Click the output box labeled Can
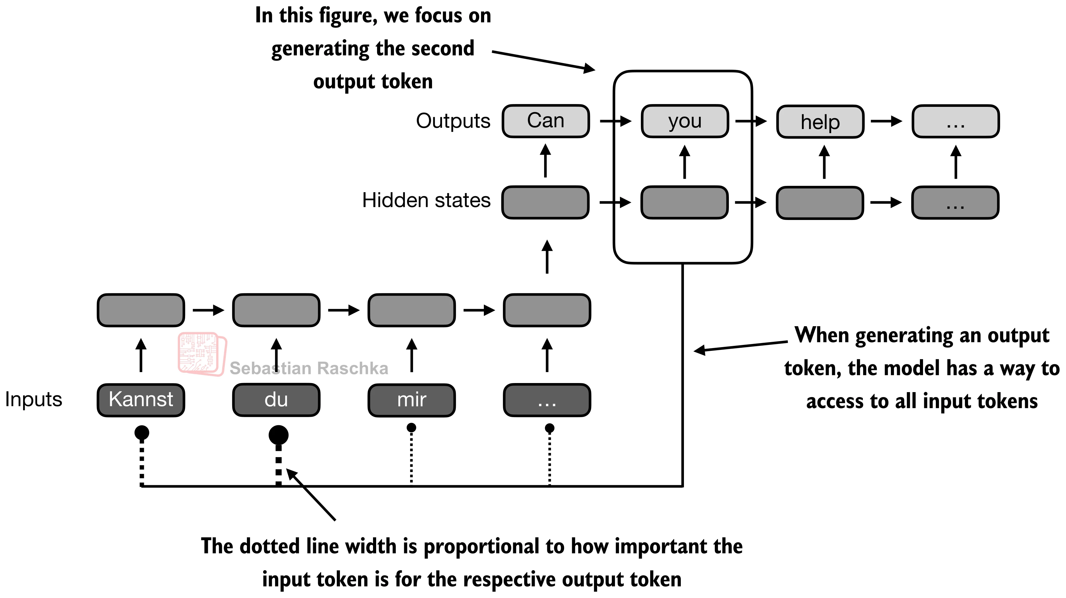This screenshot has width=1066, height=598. (545, 121)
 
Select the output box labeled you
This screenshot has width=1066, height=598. (685, 121)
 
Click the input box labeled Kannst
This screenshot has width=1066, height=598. (141, 400)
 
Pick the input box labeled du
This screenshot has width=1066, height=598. (276, 400)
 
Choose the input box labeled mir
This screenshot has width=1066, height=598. (411, 400)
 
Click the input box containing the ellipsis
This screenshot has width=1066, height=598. (547, 400)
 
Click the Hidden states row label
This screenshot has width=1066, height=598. (426, 201)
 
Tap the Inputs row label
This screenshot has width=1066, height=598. (33, 400)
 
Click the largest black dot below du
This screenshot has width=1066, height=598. (278, 435)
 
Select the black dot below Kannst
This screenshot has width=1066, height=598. (141, 433)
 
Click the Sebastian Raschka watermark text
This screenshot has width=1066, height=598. (309, 368)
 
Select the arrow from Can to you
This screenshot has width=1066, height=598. (615, 121)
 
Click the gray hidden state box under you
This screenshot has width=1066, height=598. (685, 202)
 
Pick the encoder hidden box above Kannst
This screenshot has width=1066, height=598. (141, 310)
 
